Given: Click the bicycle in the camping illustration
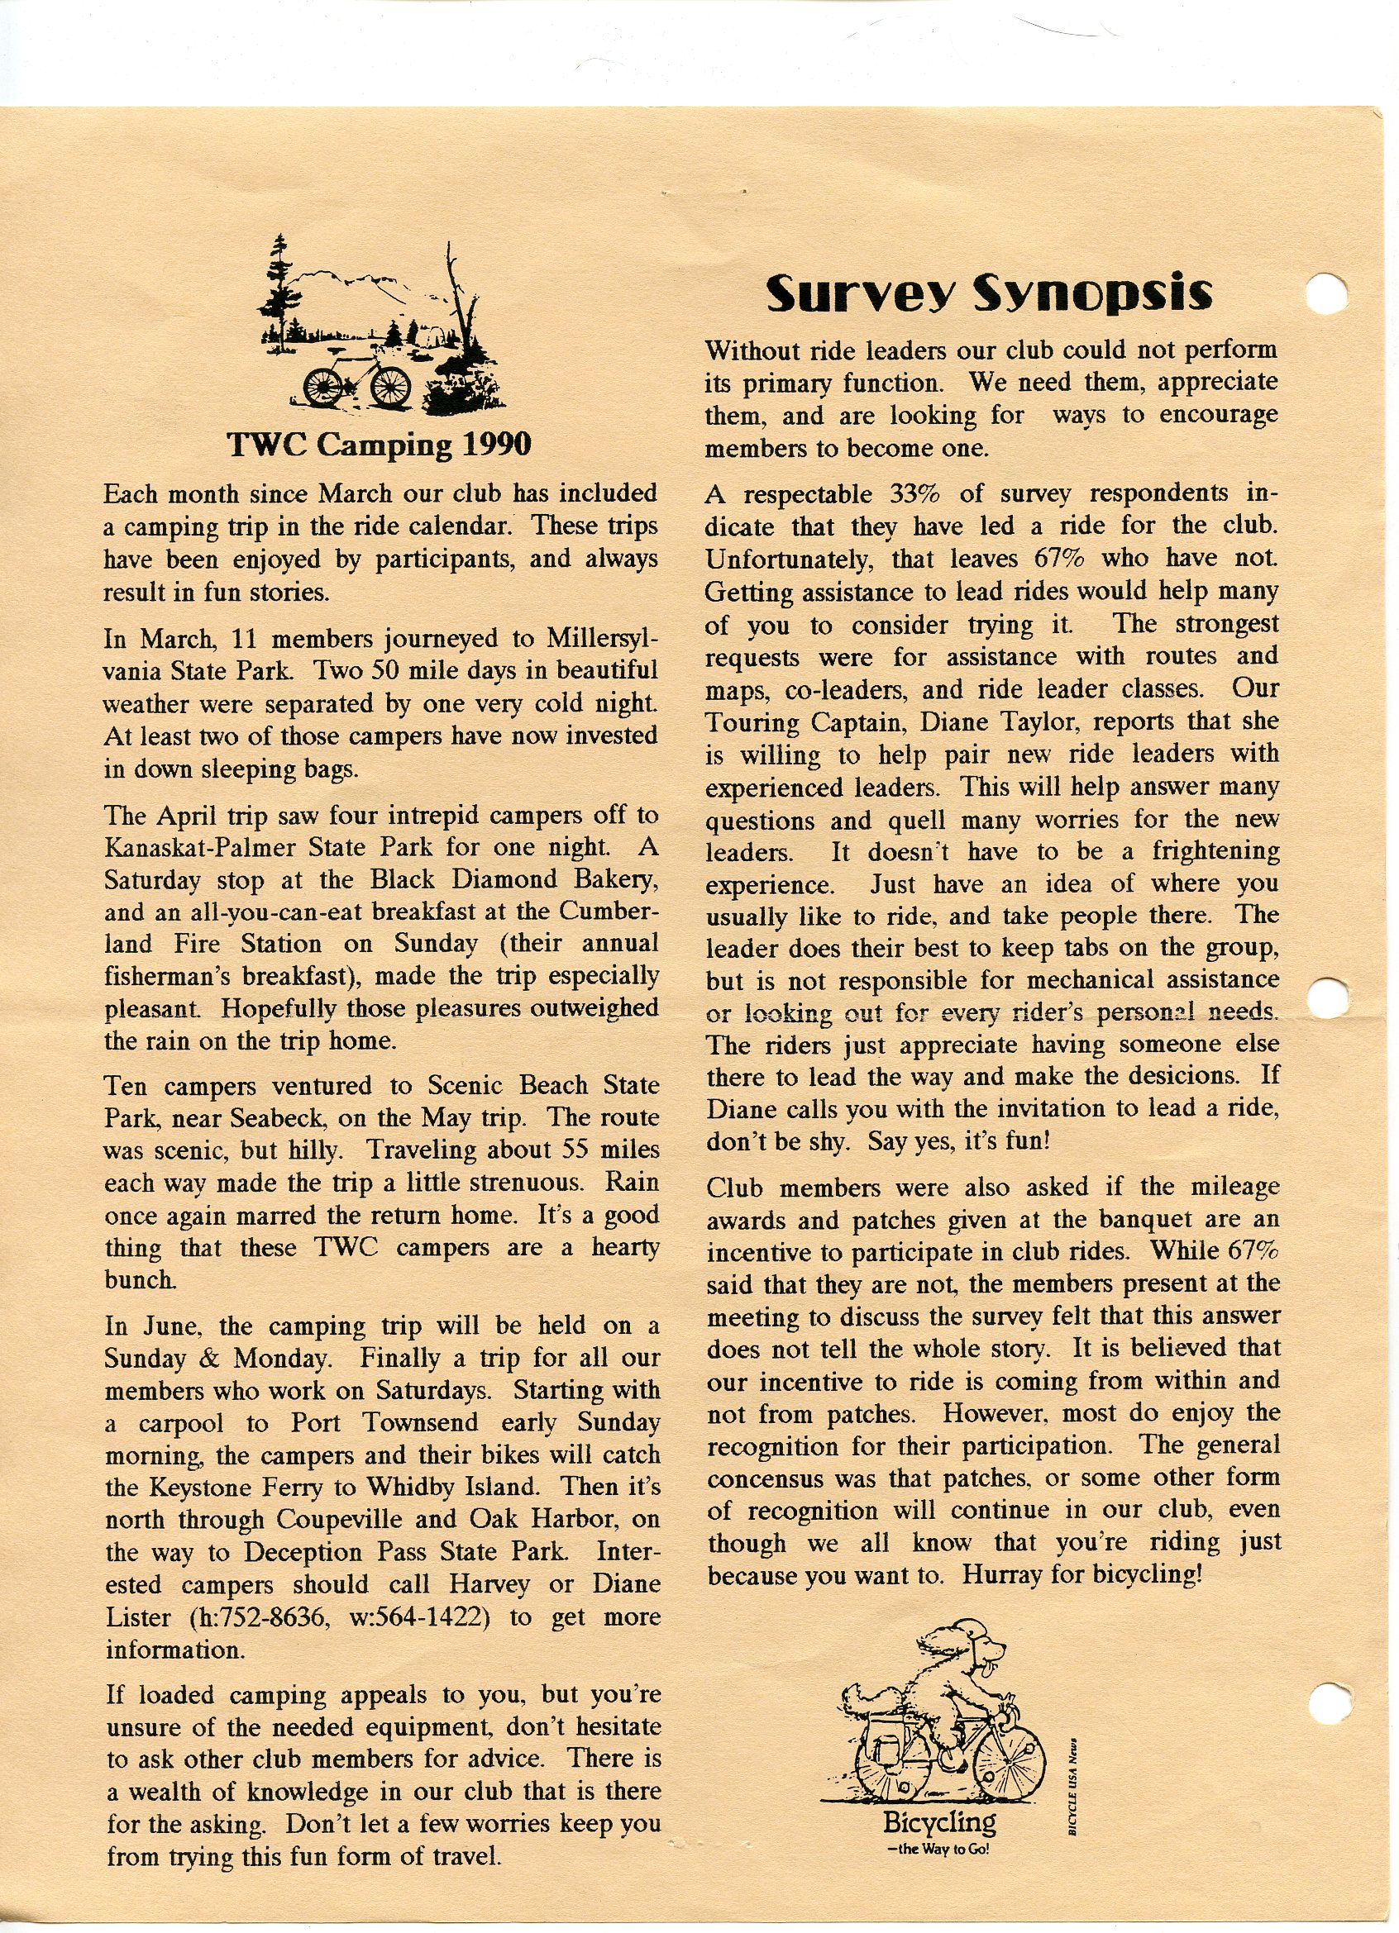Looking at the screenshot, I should click(357, 383).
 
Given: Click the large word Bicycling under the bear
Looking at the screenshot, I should click(939, 1823).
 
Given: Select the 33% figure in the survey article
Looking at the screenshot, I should click(915, 494).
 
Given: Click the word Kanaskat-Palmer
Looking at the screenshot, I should click(201, 848).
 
